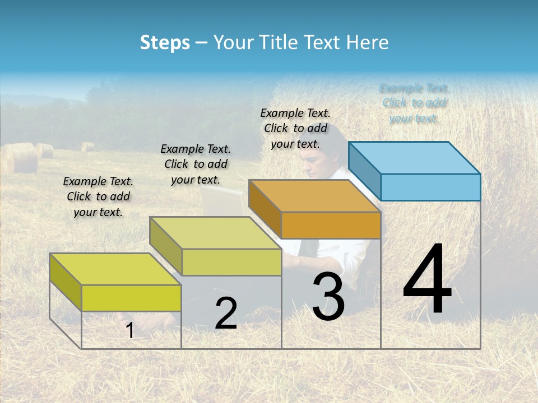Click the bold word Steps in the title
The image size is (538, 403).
click(164, 43)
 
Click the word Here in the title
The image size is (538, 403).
click(367, 43)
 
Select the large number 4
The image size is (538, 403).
click(427, 280)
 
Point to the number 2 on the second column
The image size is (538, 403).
click(226, 313)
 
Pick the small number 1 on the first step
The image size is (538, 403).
click(130, 330)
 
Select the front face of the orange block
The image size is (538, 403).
click(331, 226)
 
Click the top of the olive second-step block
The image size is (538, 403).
click(215, 233)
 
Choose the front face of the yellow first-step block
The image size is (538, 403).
click(131, 298)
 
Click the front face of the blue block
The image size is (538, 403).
click(430, 187)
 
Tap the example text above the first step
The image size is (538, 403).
click(98, 197)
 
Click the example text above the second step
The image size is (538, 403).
click(196, 164)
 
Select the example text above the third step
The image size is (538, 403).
click(295, 129)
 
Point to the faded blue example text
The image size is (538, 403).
click(414, 103)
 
